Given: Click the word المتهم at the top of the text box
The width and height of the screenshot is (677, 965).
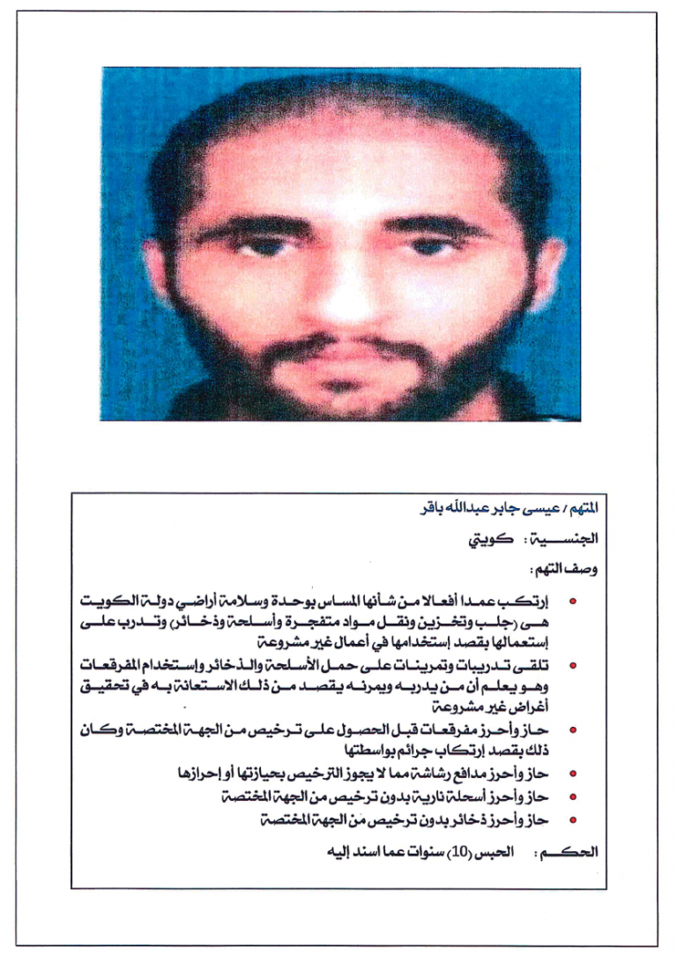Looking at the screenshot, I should pyautogui.click(x=582, y=509).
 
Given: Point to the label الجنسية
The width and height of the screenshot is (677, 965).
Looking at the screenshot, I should pyautogui.click(x=567, y=538).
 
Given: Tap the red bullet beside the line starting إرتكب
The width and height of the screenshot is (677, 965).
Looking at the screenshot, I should pyautogui.click(x=573, y=602).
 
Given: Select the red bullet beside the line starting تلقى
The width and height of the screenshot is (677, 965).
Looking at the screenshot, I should pyautogui.click(x=573, y=666).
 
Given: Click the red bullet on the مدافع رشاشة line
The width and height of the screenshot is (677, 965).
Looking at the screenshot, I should pyautogui.click(x=573, y=774).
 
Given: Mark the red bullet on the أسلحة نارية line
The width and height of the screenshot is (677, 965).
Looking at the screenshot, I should pyautogui.click(x=573, y=797).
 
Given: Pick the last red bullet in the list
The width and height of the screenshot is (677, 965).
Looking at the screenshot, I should pyautogui.click(x=573, y=820).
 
